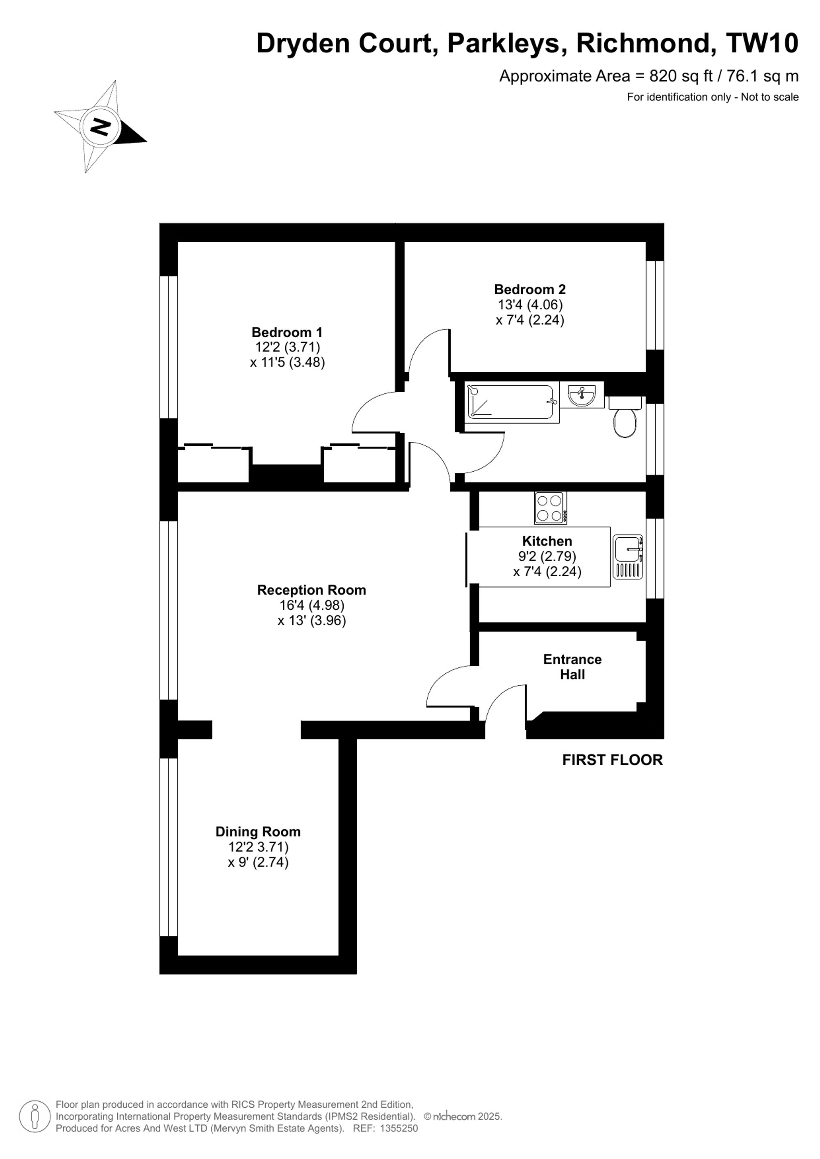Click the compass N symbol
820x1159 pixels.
(x=100, y=126)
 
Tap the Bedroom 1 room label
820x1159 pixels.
(x=287, y=332)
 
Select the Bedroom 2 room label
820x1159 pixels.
(x=530, y=289)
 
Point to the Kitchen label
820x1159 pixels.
(x=547, y=541)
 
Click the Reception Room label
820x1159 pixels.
(x=311, y=590)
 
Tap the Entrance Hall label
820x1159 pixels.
(x=572, y=667)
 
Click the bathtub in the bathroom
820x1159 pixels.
(x=512, y=402)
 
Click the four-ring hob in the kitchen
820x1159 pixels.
(x=550, y=508)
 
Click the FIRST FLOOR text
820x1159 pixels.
(x=613, y=760)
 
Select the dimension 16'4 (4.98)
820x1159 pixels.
(x=312, y=605)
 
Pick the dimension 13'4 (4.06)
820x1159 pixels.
(x=530, y=305)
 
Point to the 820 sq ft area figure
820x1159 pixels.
(x=681, y=76)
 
